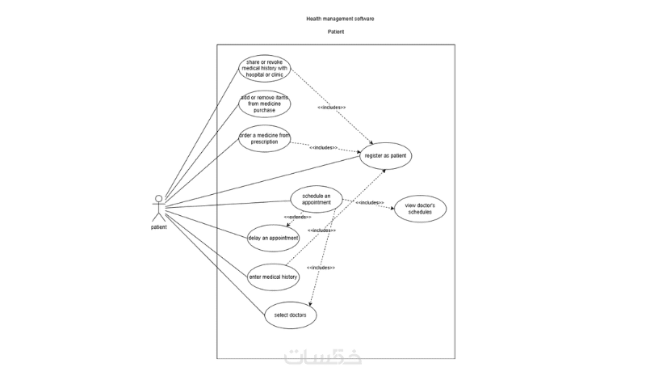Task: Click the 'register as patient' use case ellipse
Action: click(386, 154)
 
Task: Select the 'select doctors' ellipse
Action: click(291, 314)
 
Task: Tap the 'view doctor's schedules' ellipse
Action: click(420, 210)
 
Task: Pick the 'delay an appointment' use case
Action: click(274, 238)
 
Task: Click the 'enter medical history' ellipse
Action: click(274, 277)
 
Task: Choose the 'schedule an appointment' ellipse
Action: click(317, 200)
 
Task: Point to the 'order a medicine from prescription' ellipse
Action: click(264, 138)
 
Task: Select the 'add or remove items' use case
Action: click(264, 103)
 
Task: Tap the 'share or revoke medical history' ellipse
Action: click(265, 69)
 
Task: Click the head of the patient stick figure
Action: click(159, 199)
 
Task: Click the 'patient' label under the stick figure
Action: click(159, 227)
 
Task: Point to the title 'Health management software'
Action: click(340, 18)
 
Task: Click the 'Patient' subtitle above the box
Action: click(336, 32)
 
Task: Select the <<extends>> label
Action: click(296, 218)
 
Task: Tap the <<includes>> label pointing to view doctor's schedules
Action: click(369, 203)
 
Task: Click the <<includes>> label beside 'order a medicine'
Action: click(323, 148)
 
